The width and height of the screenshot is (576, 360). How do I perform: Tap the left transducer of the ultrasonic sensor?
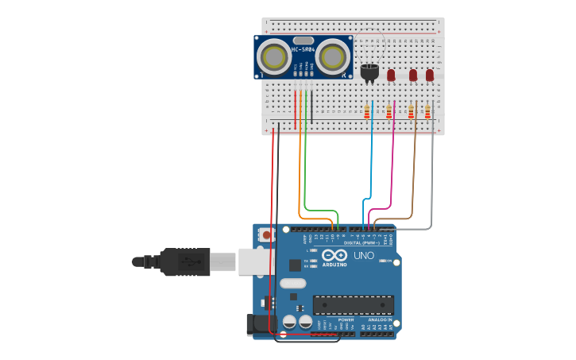pyautogui.click(x=274, y=57)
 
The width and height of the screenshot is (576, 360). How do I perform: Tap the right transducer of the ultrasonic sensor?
pyautogui.click(x=333, y=57)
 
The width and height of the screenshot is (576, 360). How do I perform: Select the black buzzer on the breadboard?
pyautogui.click(x=369, y=72)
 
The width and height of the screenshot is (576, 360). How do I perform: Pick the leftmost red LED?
pyautogui.click(x=391, y=75)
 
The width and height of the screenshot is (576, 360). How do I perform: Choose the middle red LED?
pyautogui.click(x=413, y=75)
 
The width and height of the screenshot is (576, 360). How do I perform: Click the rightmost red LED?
pyautogui.click(x=430, y=75)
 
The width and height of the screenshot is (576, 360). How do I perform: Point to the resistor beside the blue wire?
pyautogui.click(x=367, y=112)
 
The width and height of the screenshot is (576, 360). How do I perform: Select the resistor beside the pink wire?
pyautogui.click(x=389, y=112)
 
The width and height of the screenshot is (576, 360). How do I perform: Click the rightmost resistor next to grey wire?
pyautogui.click(x=427, y=112)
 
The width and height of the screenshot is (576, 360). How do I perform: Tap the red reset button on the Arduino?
pyautogui.click(x=267, y=235)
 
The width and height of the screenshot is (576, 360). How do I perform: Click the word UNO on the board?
pyautogui.click(x=364, y=256)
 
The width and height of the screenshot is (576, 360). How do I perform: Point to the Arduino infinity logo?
pyautogui.click(x=334, y=255)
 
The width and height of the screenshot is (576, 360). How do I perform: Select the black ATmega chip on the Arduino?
pyautogui.click(x=353, y=305)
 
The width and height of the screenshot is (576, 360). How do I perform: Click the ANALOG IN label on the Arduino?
pyautogui.click(x=379, y=319)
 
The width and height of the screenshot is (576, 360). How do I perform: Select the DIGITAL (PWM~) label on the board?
pyautogui.click(x=361, y=242)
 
